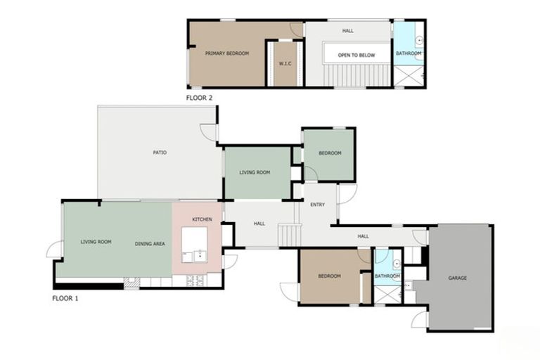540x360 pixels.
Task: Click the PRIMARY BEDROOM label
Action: [x=227, y=53]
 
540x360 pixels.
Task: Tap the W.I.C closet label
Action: [x=285, y=63]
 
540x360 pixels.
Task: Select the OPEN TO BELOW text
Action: [x=356, y=55]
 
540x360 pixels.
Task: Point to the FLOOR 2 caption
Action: [x=199, y=98]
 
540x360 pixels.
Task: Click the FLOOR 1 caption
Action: [x=65, y=298]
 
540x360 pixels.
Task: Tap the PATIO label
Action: [x=160, y=153]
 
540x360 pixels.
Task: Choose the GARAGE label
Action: [x=457, y=278]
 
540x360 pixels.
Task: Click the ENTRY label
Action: [x=317, y=205]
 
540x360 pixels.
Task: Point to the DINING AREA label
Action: [x=150, y=243]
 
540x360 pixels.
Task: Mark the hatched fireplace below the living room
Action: [x=131, y=283]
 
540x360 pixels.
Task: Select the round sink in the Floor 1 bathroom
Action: [x=396, y=264]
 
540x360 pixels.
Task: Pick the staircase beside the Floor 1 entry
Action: [x=289, y=235]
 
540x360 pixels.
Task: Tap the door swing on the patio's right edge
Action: [x=209, y=132]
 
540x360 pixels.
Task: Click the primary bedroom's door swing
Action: [x=297, y=30]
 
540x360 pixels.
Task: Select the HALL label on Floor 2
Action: [x=347, y=31]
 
